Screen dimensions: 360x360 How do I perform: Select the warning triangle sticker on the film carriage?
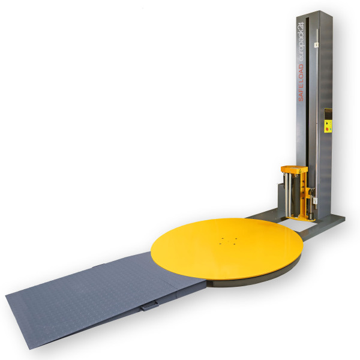pos(301,171)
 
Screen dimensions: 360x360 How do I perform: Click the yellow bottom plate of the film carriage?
pos(297,218)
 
